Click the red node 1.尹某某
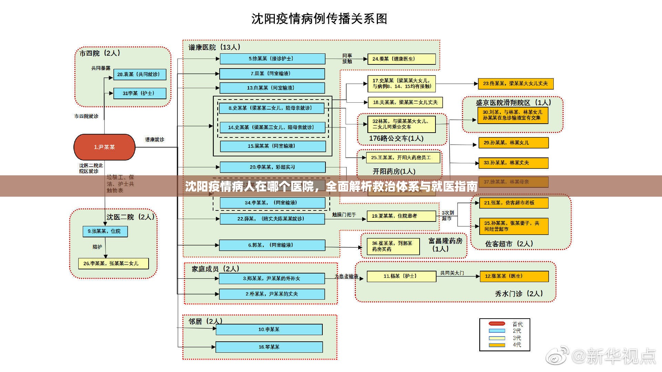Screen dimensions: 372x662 [x=104, y=147]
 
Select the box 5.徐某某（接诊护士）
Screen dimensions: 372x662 [x=272, y=59]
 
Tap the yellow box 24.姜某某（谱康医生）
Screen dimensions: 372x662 [x=401, y=59]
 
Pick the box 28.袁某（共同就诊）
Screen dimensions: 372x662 [x=140, y=74]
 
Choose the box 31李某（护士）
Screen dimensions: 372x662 [x=140, y=93]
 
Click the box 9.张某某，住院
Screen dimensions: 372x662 [x=105, y=231]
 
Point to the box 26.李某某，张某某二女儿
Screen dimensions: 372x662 [x=113, y=263]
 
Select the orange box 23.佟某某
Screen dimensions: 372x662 [x=515, y=83]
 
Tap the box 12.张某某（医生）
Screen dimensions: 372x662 [x=514, y=276]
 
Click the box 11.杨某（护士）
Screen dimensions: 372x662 [x=401, y=276]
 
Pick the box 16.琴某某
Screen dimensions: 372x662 [x=269, y=347]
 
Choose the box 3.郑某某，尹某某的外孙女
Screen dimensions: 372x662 [x=272, y=278]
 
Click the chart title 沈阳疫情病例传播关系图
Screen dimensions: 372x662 [x=319, y=19]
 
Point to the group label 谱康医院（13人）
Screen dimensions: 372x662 [x=214, y=47]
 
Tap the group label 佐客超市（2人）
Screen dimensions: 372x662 [x=509, y=244]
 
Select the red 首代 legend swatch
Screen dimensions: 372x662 [x=497, y=324]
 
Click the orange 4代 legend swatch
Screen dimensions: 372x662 [x=497, y=345]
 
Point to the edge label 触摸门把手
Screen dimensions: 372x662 [x=344, y=215]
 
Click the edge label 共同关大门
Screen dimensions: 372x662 [x=452, y=273]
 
